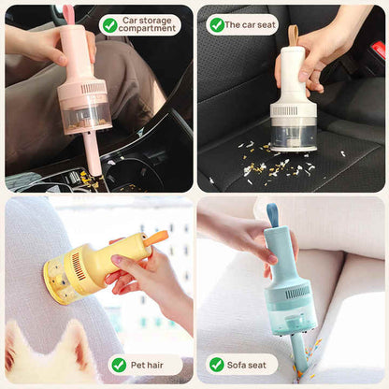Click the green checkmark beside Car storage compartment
(109, 25)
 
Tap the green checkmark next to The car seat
(217, 25)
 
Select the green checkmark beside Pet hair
(119, 365)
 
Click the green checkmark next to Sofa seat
(217, 365)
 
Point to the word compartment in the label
(148, 30)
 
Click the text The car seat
(252, 25)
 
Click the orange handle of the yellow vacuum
(155, 238)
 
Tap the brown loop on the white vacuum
(293, 36)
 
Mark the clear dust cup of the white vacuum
(293, 134)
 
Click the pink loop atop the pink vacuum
(68, 14)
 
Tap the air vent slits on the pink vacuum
(94, 88)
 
